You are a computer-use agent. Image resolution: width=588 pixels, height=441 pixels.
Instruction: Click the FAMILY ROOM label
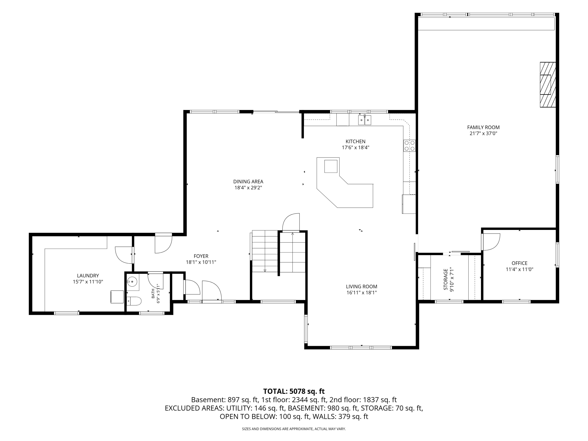click(483, 127)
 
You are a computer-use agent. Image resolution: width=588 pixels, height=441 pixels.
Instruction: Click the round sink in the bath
click(132, 281)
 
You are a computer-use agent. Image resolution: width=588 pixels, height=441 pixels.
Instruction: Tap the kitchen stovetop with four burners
click(409, 146)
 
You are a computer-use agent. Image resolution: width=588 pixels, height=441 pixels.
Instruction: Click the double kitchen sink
click(364, 120)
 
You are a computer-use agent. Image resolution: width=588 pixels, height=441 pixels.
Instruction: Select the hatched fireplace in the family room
click(548, 84)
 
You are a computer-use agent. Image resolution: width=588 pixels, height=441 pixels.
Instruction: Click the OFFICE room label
click(519, 263)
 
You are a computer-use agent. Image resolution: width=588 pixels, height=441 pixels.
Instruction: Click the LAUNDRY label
click(88, 276)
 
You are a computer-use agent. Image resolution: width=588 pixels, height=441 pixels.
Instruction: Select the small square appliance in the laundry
click(117, 297)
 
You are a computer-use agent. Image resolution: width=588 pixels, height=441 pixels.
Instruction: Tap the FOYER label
click(201, 256)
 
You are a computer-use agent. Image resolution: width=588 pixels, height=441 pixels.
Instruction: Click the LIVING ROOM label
click(361, 287)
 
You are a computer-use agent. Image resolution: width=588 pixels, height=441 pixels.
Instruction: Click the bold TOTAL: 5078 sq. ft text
click(294, 391)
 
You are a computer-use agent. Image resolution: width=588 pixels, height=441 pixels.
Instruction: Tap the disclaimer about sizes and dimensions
click(294, 429)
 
